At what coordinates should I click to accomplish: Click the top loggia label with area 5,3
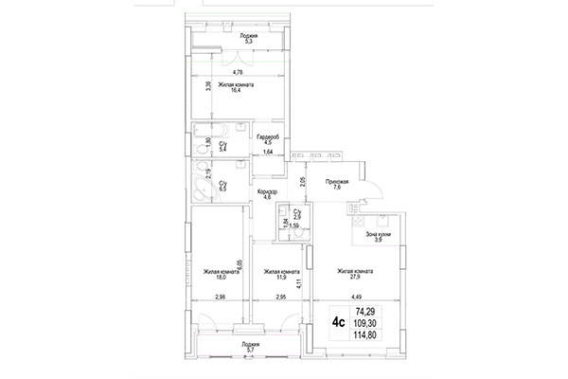click(x=249, y=39)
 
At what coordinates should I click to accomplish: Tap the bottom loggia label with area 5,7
click(x=251, y=347)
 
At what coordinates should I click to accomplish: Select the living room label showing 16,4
click(x=236, y=88)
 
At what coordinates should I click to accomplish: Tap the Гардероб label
click(x=265, y=140)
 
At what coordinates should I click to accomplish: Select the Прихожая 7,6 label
click(x=337, y=184)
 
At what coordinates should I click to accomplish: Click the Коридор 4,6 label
click(x=266, y=194)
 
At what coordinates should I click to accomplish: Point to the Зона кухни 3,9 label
click(x=378, y=237)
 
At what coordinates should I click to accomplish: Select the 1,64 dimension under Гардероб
click(x=268, y=152)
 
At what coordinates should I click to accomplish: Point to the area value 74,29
click(x=367, y=310)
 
